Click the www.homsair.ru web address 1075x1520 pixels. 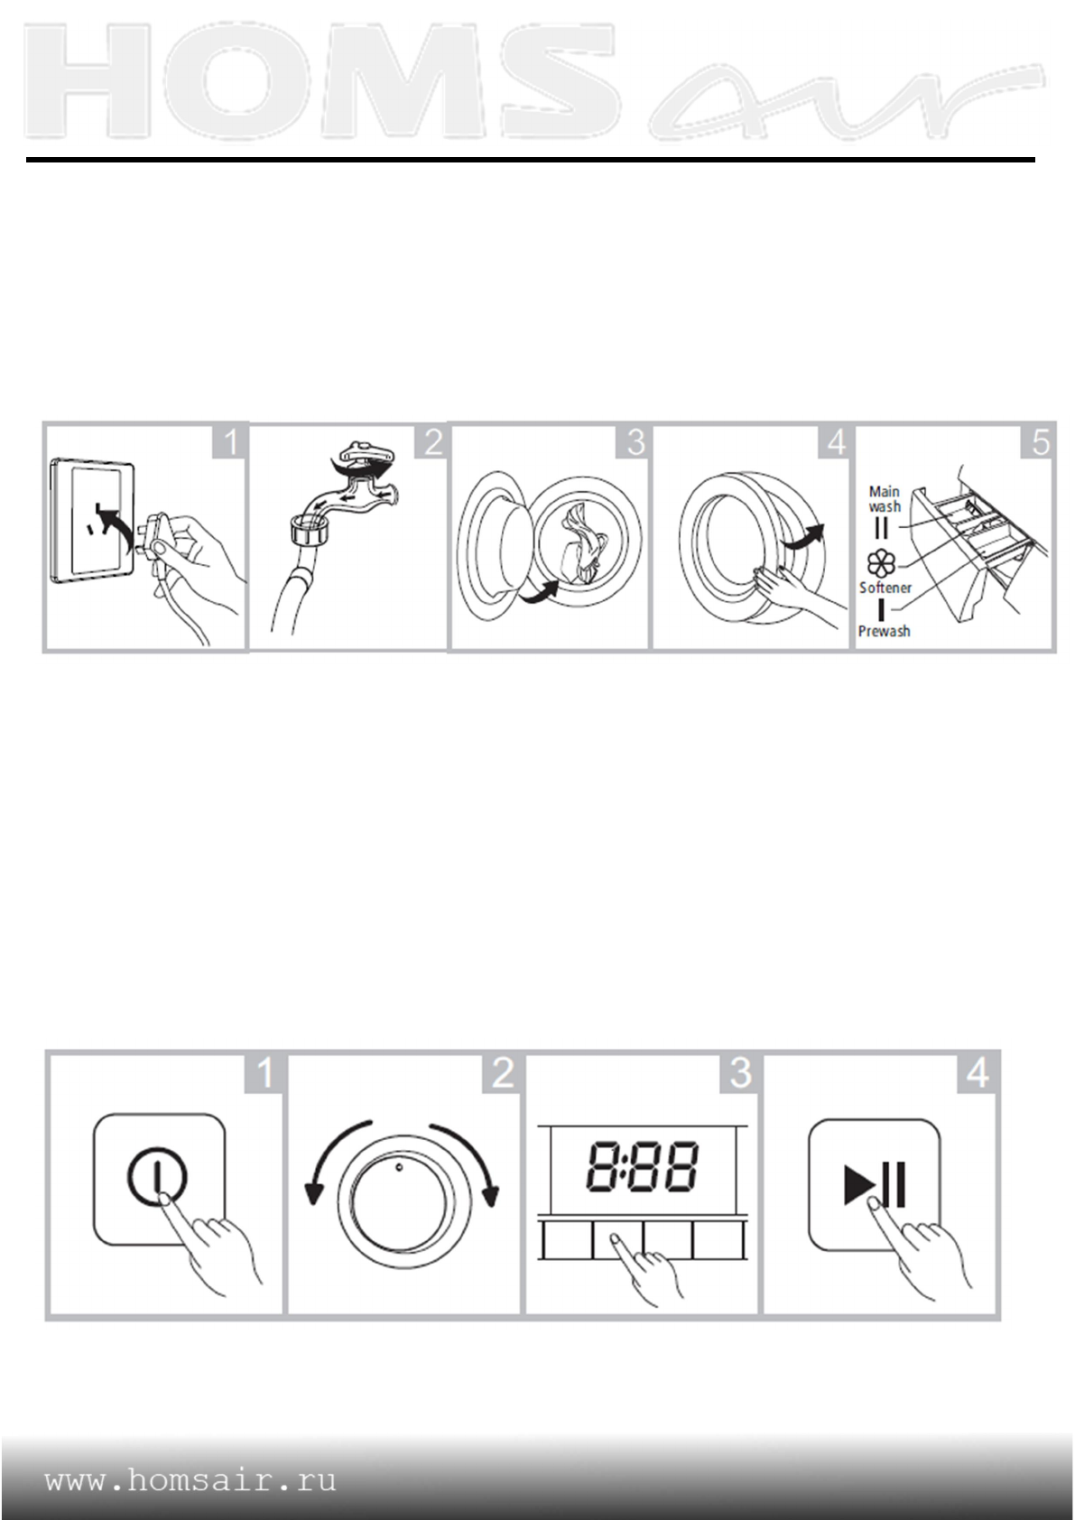(190, 1480)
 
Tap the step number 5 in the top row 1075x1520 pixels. (1041, 442)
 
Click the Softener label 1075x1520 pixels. (885, 588)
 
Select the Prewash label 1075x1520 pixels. (884, 631)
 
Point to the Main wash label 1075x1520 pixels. (885, 498)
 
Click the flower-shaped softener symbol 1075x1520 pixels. (881, 564)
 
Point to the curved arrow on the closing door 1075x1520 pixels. (803, 536)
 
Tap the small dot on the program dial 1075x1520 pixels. (399, 1166)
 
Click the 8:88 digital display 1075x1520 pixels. (642, 1166)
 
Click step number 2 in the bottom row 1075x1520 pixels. (503, 1071)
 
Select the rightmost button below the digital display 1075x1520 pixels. (718, 1240)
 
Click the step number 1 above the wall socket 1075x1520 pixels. (231, 442)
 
